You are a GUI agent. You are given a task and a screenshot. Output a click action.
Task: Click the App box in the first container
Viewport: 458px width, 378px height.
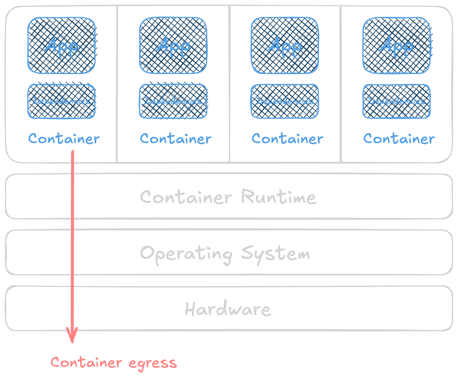point(61,46)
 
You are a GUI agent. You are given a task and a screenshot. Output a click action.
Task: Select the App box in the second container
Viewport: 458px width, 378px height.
point(173,46)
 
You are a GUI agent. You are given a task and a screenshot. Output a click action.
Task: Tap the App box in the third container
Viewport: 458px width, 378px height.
point(285,46)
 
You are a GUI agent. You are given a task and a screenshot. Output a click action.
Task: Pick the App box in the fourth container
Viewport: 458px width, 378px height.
point(397,46)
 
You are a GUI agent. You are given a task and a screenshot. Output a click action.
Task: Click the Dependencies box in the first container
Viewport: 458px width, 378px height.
point(61,101)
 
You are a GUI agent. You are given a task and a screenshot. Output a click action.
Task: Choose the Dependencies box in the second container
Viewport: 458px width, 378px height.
point(173,101)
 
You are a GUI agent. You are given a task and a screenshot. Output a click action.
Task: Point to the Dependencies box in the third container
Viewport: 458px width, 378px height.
point(285,101)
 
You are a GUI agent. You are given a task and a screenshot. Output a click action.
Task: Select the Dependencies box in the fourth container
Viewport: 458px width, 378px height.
point(397,101)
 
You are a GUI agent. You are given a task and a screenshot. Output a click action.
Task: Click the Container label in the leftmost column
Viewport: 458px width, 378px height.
point(64,139)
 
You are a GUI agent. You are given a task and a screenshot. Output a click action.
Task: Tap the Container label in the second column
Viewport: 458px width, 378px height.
point(176,139)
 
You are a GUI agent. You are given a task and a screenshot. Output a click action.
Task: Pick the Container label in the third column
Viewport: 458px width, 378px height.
point(287,139)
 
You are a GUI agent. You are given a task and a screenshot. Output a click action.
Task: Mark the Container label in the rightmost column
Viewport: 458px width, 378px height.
point(399,139)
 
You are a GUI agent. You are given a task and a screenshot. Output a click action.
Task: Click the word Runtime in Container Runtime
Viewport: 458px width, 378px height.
point(279,197)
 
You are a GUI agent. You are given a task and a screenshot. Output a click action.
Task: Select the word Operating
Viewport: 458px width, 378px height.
point(186,254)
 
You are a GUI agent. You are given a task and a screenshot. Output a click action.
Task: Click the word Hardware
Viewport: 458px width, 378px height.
point(228,309)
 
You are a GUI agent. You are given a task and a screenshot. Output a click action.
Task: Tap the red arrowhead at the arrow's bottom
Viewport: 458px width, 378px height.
point(72,336)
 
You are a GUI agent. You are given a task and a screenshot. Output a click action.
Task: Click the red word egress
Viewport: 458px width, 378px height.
point(153,363)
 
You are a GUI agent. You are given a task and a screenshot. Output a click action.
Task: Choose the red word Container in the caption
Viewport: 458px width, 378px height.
point(86,362)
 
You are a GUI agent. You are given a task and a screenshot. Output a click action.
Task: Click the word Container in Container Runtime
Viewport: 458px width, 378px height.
point(186,197)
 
